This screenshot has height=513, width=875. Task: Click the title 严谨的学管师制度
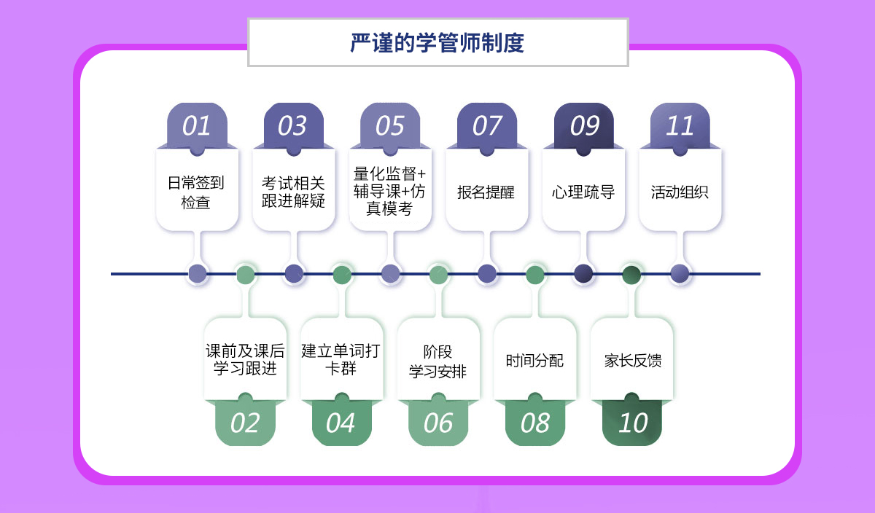437,43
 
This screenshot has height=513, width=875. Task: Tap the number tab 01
197,126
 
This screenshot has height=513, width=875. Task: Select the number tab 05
390,126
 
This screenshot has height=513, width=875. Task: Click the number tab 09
584,126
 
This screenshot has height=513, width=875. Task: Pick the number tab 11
680,126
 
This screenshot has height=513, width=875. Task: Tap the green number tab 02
245,423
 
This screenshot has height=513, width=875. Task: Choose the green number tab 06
438,423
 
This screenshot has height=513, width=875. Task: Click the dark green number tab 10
632,423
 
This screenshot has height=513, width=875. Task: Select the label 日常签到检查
196,192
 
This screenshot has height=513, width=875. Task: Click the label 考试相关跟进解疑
293,192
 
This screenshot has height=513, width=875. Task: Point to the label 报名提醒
486,192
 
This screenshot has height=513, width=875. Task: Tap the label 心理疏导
583,192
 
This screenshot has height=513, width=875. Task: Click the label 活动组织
680,192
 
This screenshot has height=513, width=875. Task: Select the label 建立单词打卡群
341,360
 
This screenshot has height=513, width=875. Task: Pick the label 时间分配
535,360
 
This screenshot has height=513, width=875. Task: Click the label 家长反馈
632,360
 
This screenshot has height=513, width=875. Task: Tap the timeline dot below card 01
198,274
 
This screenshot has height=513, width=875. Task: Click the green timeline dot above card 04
342,274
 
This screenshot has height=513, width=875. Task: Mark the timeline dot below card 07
487,274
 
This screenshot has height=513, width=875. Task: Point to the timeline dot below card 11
680,274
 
